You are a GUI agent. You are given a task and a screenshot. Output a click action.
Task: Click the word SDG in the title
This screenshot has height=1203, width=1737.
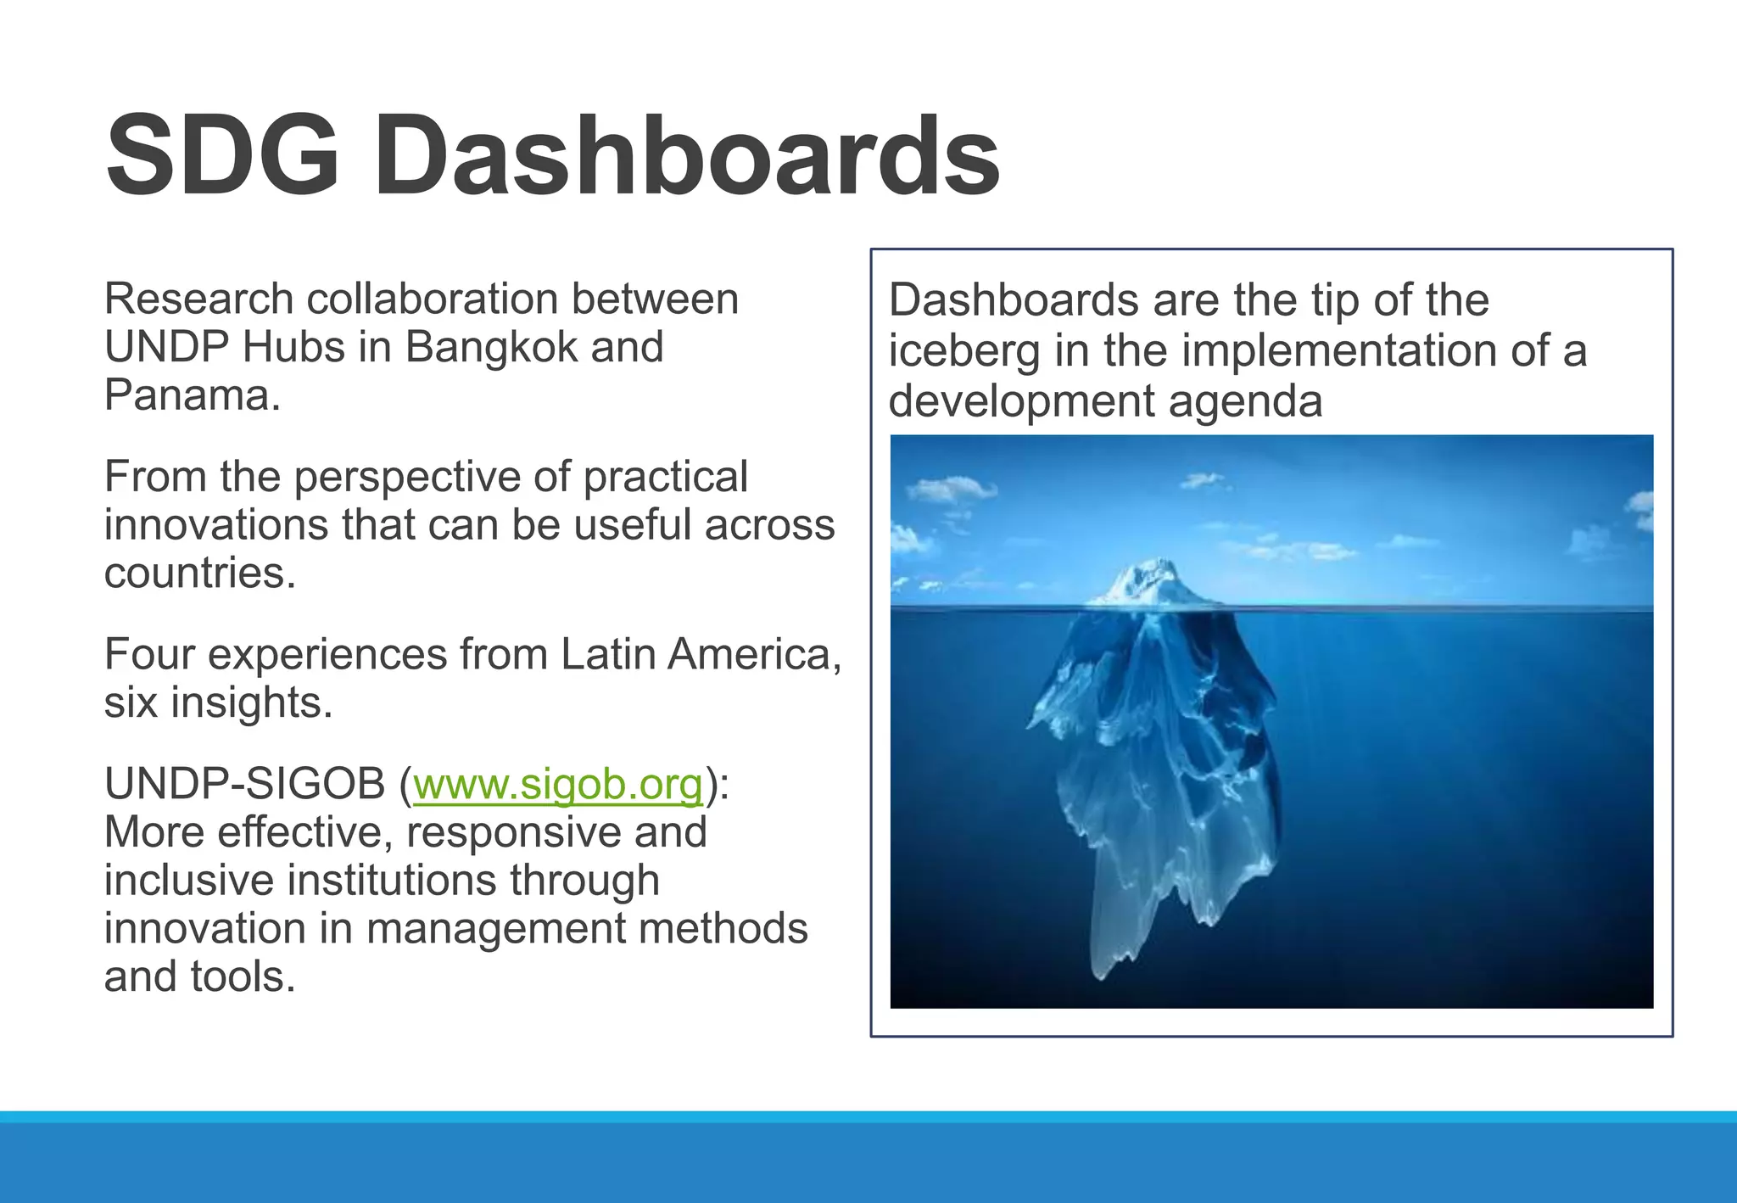[222, 158]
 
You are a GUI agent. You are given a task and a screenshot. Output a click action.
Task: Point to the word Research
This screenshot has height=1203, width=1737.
[198, 299]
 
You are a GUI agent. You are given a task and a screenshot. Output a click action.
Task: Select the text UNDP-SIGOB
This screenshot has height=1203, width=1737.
[244, 783]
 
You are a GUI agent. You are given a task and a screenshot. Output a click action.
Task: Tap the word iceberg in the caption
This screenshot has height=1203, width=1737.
[963, 351]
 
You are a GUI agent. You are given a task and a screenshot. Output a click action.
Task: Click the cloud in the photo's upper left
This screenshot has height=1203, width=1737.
[950, 490]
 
